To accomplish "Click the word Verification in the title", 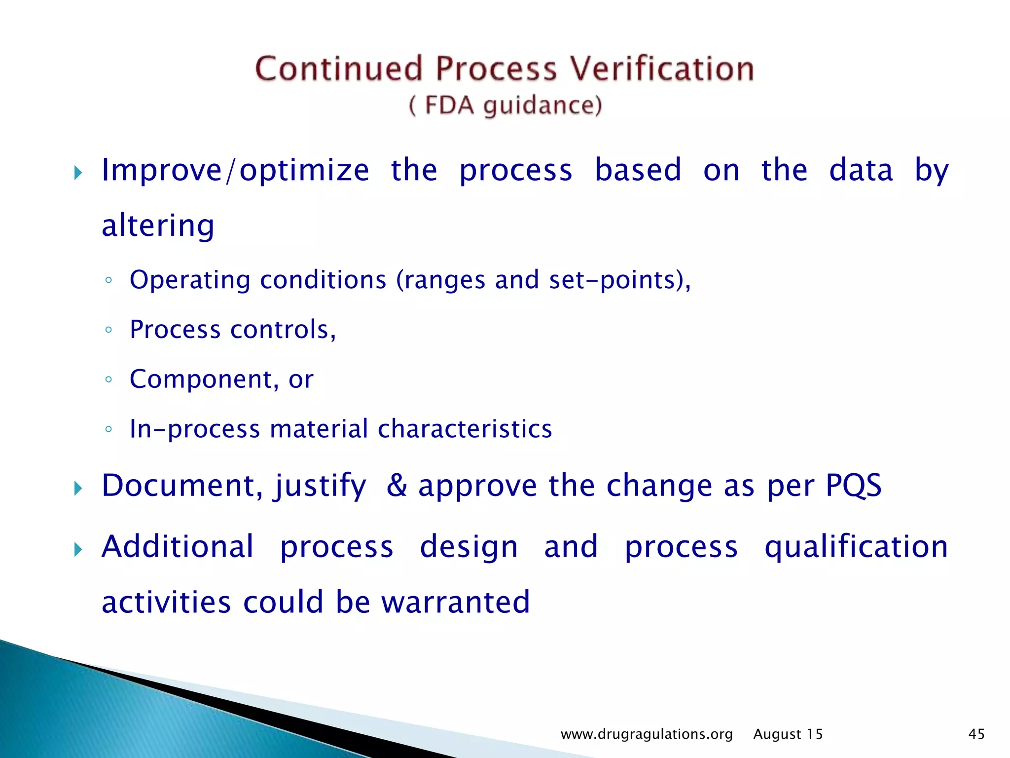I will tap(662, 69).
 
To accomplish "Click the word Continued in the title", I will tap(339, 69).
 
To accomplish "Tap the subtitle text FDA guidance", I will tap(505, 106).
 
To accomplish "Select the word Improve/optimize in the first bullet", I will tap(235, 170).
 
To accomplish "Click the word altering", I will tap(158, 226).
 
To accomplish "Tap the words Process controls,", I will tap(233, 330).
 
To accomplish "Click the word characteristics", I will tap(465, 429).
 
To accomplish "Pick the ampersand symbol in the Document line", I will tap(397, 485).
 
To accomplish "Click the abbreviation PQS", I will tap(854, 486).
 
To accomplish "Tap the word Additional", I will tap(178, 547).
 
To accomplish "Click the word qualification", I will tap(856, 548).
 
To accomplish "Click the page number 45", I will tap(976, 734).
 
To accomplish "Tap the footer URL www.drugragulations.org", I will tap(647, 734).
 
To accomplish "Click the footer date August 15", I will tap(788, 734).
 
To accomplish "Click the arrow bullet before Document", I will tap(78, 489).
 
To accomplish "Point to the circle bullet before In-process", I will tap(108, 429).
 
